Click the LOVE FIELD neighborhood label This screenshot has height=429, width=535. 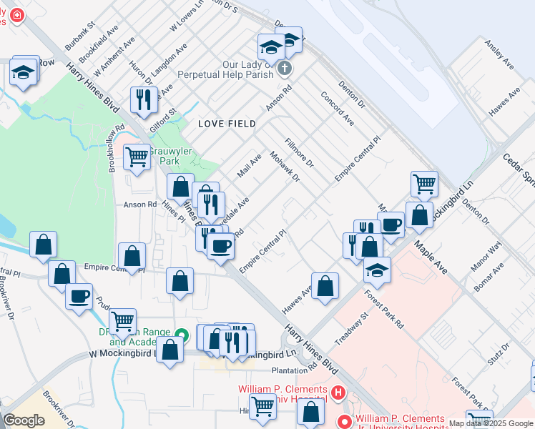[227, 124]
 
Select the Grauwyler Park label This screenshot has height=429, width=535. [164, 156]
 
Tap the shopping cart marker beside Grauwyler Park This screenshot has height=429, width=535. [137, 157]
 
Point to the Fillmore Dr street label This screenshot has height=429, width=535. [300, 152]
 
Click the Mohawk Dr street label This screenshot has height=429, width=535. [284, 166]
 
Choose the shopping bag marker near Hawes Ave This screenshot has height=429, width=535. [325, 285]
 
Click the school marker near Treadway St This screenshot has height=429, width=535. [377, 270]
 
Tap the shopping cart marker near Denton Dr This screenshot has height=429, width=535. [424, 184]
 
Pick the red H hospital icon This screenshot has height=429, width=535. [337, 393]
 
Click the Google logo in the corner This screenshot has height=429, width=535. [24, 420]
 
